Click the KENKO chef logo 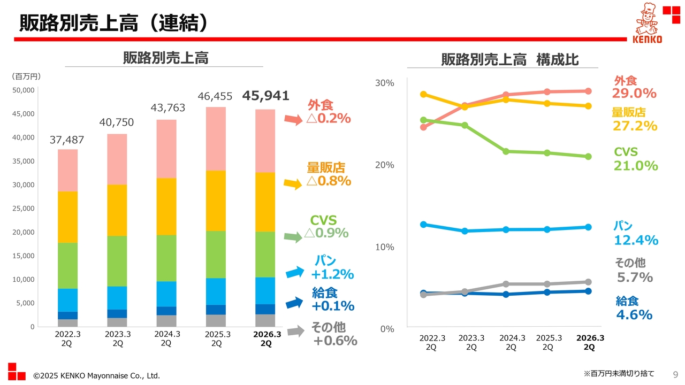tap(648, 24)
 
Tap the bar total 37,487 tap(67, 140)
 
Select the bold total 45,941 tap(265, 96)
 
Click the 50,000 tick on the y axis tap(24, 90)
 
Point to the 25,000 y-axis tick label tap(24, 208)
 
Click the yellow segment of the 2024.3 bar tap(166, 206)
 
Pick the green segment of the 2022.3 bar tap(67, 266)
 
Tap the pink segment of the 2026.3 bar tap(265, 141)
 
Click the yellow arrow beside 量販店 tap(292, 184)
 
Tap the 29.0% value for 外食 tap(634, 94)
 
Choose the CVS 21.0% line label tap(635, 159)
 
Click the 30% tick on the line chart tap(384, 83)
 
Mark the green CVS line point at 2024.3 tap(506, 151)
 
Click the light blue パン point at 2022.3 tap(423, 225)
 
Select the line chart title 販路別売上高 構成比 tap(509, 60)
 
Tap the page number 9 tap(674, 374)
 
